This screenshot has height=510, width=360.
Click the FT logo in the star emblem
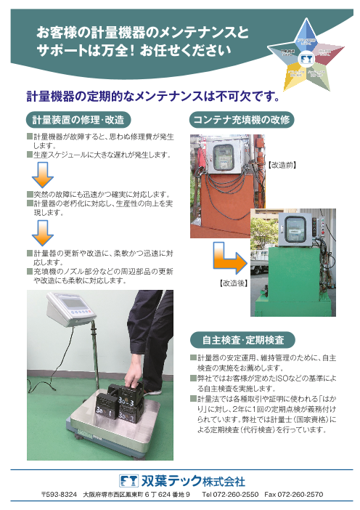pos(306,57)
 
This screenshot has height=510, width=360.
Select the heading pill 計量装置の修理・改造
pos(80,118)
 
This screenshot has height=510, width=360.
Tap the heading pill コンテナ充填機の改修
pos(241,118)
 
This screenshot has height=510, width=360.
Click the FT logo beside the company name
pos(129,481)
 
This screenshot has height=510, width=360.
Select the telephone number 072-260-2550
pos(232,495)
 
